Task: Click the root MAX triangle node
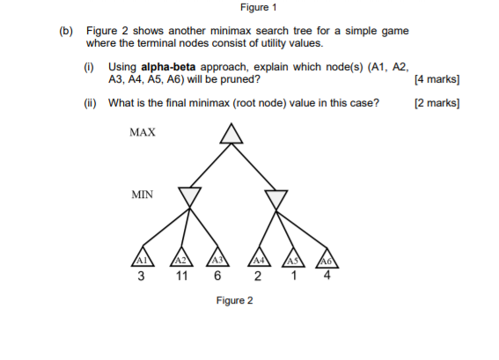tap(231, 134)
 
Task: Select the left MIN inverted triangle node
tap(189, 196)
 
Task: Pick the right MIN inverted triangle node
tap(276, 196)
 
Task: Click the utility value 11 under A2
tap(180, 276)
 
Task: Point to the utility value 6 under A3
tap(216, 276)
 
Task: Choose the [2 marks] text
tap(437, 103)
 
